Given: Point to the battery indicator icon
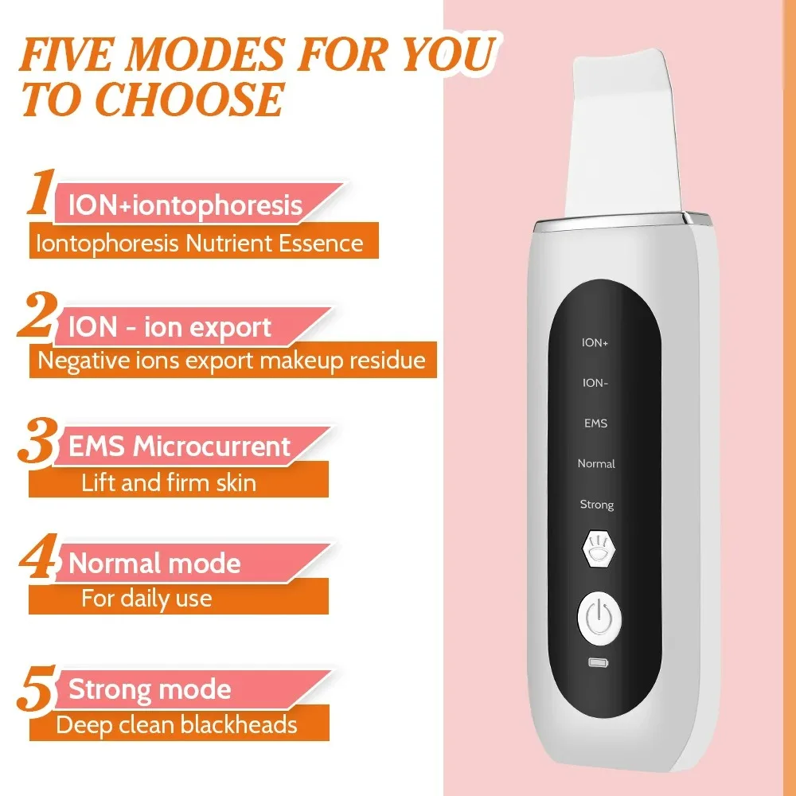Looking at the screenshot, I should tap(596, 662).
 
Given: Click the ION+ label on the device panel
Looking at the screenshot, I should tap(595, 342).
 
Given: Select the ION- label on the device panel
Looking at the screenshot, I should tap(595, 383).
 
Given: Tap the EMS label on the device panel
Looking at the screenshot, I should tap(595, 423).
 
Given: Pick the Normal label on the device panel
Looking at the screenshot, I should tap(596, 463).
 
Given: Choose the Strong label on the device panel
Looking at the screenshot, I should tap(596, 505).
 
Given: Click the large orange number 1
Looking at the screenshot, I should tap(40, 193).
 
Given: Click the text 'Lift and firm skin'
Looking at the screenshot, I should tap(169, 482).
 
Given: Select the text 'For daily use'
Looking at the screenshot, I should tap(147, 598).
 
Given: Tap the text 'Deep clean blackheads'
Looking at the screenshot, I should tap(177, 725).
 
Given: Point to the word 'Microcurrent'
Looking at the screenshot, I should tap(212, 447).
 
